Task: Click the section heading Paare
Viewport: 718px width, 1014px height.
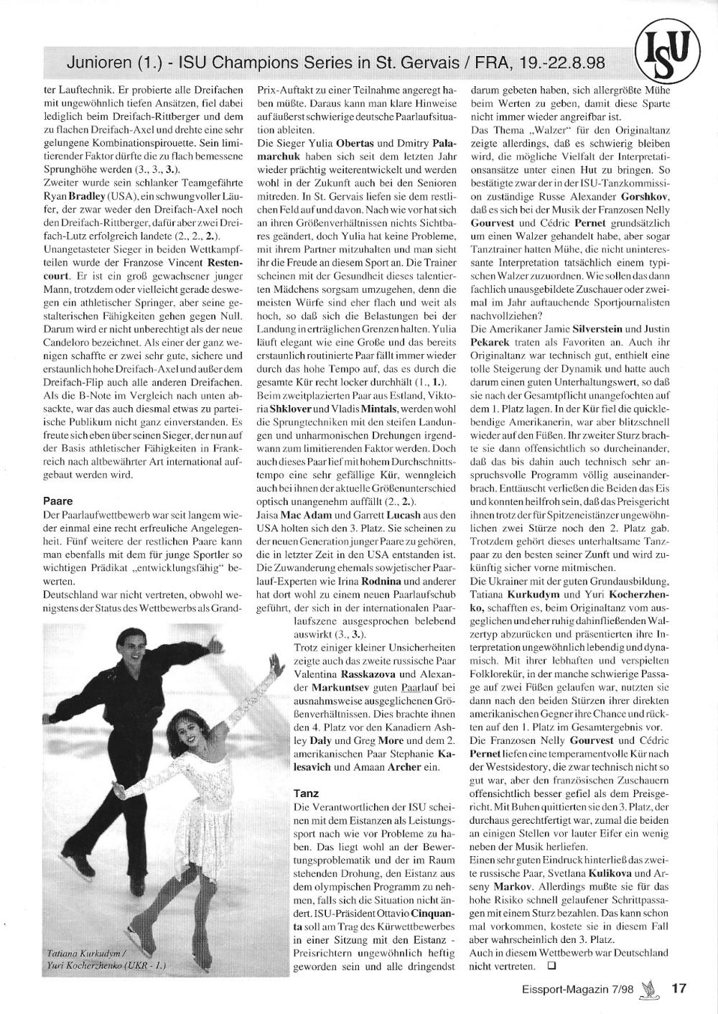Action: tap(58, 501)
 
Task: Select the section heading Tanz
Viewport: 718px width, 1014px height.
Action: tap(307, 794)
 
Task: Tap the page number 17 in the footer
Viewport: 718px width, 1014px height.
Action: tap(679, 988)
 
